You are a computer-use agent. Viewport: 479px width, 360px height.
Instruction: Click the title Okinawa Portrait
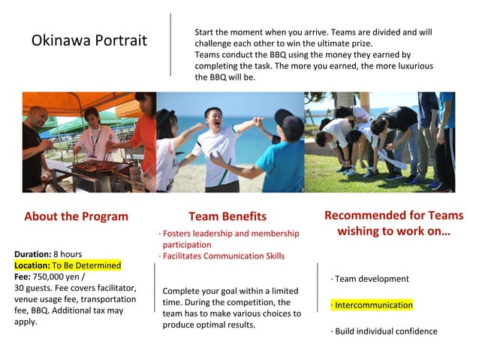(x=89, y=41)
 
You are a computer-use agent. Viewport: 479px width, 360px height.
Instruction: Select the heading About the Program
(x=76, y=216)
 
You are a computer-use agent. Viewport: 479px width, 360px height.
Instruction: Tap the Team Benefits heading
(x=227, y=216)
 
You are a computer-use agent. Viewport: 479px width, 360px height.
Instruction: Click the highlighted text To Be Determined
(x=86, y=265)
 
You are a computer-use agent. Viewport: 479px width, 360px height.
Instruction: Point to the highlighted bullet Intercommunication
(x=373, y=305)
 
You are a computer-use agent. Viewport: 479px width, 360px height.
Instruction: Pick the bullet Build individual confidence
(x=385, y=331)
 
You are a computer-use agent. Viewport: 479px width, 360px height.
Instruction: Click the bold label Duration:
(x=32, y=254)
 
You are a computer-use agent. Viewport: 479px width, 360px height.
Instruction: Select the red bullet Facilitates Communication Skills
(x=224, y=256)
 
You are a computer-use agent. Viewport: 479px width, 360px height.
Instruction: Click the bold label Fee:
(x=23, y=277)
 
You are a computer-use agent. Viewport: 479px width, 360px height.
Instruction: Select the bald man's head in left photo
(x=38, y=116)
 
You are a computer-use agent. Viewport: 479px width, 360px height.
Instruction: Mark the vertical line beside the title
(x=171, y=44)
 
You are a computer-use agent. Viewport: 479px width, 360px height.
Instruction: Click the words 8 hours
(x=67, y=254)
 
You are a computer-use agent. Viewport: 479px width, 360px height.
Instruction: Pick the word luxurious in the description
(x=411, y=66)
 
